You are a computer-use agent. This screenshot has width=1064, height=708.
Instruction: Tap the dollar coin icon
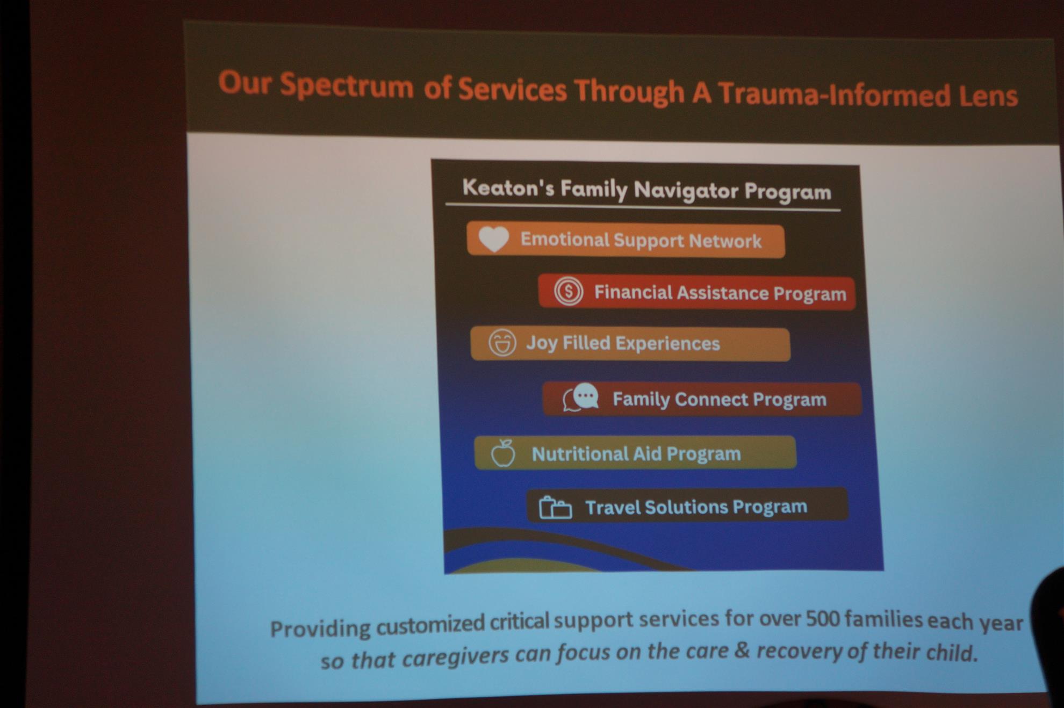click(x=568, y=291)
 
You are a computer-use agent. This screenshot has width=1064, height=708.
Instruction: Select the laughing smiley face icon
click(x=502, y=343)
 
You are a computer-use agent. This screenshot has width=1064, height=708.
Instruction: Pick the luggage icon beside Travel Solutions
click(x=555, y=507)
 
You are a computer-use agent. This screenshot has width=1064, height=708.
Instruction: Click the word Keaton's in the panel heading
click(x=508, y=188)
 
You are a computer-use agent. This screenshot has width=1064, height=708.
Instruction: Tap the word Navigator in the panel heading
click(x=686, y=191)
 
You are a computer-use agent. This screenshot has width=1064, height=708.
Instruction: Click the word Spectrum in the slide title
click(x=347, y=86)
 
